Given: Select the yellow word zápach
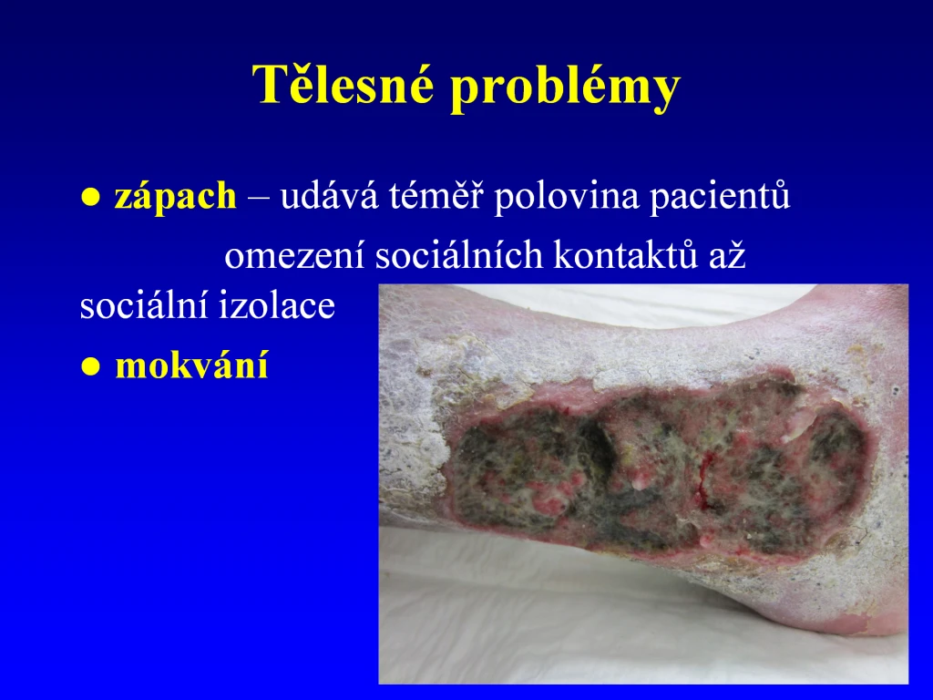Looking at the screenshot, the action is [x=175, y=197].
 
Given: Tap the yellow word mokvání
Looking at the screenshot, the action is [x=191, y=365].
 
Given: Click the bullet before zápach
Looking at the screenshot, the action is [x=90, y=198].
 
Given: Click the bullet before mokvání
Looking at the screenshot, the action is [x=90, y=366].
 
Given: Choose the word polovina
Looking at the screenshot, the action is [x=566, y=197].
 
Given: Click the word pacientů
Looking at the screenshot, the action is [x=720, y=196].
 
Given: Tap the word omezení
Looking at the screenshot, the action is [x=294, y=256].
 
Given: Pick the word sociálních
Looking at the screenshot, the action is [x=459, y=255].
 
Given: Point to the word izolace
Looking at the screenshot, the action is [x=276, y=304].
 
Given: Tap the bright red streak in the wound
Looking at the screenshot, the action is [x=705, y=479].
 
